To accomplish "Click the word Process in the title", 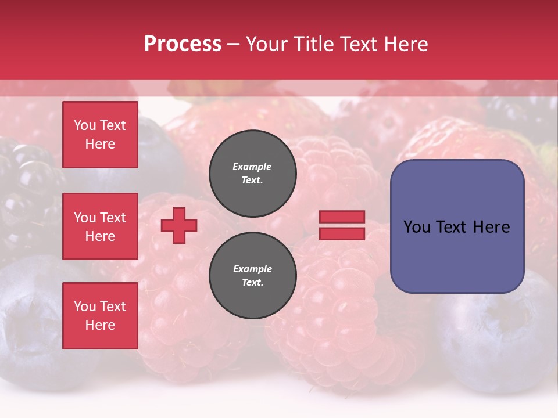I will point(183,44).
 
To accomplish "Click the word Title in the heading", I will point(312,44).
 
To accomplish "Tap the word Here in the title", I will point(405,44).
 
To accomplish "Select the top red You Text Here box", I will point(100,135).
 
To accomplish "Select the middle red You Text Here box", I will point(100,226).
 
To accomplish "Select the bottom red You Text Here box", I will point(100,316).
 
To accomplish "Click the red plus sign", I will point(179,226).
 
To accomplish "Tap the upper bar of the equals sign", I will point(342,217).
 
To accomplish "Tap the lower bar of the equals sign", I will point(342,234).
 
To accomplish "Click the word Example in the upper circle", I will point(252,167).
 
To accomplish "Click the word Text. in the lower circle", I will point(252,282).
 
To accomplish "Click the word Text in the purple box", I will point(453,227).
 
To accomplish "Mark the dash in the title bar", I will point(233,44).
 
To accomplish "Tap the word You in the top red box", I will point(85,125).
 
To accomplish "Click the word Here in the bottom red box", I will point(100,325).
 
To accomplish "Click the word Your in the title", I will point(267,44).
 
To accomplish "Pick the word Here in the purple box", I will point(491,227).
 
